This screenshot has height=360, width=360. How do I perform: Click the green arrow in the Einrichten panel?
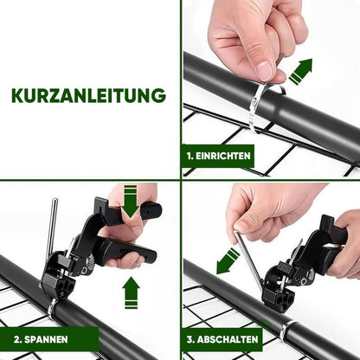point(299,71)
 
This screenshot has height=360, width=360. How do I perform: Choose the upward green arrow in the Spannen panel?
point(131,292)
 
